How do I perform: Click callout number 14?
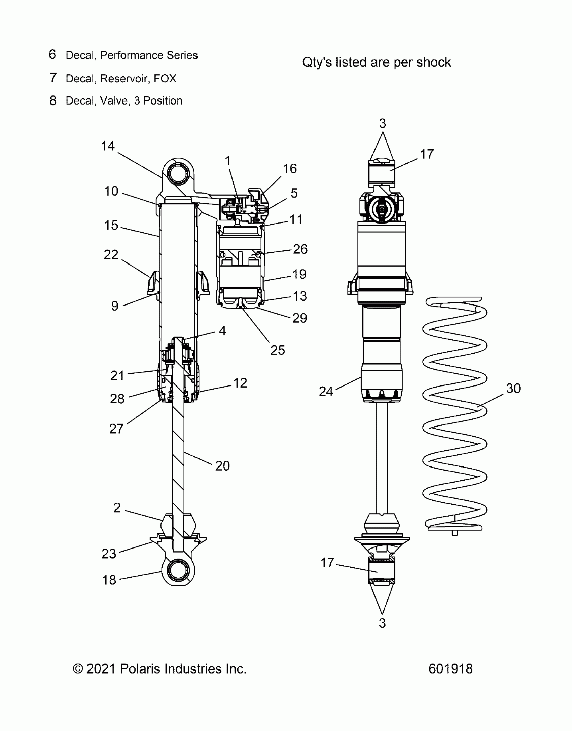pyautogui.click(x=108, y=146)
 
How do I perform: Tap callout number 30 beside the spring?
pyautogui.click(x=513, y=389)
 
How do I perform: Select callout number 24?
pyautogui.click(x=326, y=392)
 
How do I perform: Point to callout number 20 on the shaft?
pyautogui.click(x=222, y=466)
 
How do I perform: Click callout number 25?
pyautogui.click(x=278, y=350)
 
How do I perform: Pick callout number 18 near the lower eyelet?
pyautogui.click(x=109, y=580)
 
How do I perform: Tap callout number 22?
pyautogui.click(x=111, y=255)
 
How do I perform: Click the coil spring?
pyautogui.click(x=454, y=413)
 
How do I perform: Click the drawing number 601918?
pyautogui.click(x=451, y=669)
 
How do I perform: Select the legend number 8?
pyautogui.click(x=53, y=100)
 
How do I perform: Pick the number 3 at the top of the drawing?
pyautogui.click(x=382, y=124)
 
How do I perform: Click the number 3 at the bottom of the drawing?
pyautogui.click(x=382, y=623)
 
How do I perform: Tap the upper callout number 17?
pyautogui.click(x=427, y=154)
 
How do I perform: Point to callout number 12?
pyautogui.click(x=240, y=383)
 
